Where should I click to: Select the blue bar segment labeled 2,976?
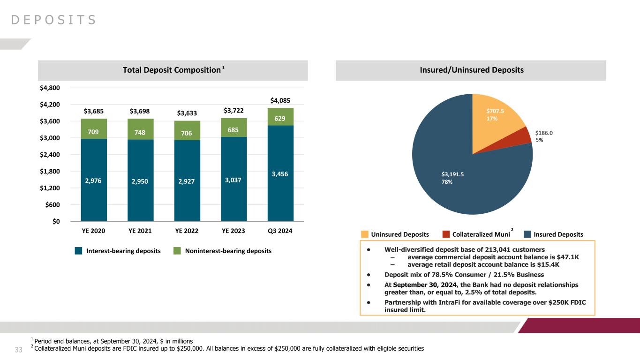pyautogui.click(x=94, y=180)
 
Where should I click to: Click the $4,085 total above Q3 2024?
pyautogui.click(x=280, y=100)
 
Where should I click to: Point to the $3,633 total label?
pyautogui.click(x=187, y=113)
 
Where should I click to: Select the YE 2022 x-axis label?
pyautogui.click(x=187, y=231)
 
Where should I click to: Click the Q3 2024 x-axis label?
pyautogui.click(x=280, y=231)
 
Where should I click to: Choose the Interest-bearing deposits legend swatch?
pyautogui.click(x=79, y=251)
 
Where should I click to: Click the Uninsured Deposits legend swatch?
pyautogui.click(x=365, y=234)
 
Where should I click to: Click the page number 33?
pyautogui.click(x=19, y=350)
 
